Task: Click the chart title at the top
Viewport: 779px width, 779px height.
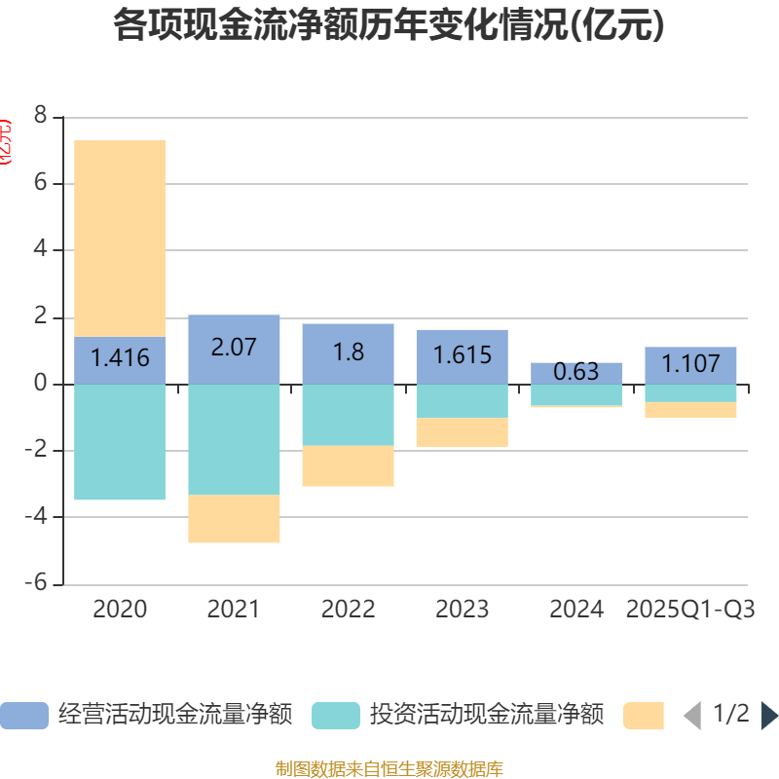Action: coord(389,25)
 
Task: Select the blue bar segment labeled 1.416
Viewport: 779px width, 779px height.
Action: coord(120,359)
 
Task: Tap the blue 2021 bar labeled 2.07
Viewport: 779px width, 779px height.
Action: coord(234,349)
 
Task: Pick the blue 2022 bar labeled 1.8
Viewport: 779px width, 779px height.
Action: coord(348,352)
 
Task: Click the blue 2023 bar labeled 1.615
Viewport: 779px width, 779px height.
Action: coord(462,356)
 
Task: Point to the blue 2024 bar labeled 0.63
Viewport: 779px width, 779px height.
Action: coord(575,373)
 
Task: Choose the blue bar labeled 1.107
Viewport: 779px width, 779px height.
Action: coord(690,365)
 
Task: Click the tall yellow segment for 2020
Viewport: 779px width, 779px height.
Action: coord(120,238)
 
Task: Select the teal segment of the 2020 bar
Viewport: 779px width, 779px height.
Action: coord(120,442)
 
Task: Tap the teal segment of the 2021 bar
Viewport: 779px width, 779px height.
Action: coord(234,439)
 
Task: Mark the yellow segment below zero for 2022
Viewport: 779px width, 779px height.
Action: coord(348,466)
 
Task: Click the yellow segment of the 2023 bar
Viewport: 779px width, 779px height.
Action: coord(462,432)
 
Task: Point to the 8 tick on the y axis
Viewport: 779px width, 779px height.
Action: coord(40,117)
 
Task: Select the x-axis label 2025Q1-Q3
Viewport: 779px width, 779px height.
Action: coord(690,610)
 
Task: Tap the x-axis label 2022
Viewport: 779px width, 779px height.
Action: coord(348,610)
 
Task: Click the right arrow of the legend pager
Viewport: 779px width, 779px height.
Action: coord(769,716)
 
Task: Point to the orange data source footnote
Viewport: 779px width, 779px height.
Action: coord(389,769)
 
